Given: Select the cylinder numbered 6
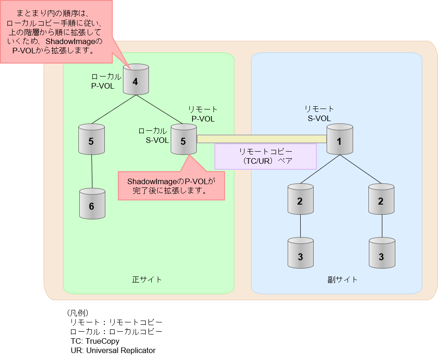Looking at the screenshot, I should click(91, 204).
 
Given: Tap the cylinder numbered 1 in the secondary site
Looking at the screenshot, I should click(340, 139).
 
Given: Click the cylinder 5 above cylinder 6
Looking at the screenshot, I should click(91, 139).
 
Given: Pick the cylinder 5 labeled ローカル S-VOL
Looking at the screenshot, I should click(183, 139).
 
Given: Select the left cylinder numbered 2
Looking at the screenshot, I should click(300, 199).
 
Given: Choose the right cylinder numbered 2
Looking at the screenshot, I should click(381, 199).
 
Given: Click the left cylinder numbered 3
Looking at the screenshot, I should click(300, 253).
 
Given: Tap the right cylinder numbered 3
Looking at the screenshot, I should click(381, 253).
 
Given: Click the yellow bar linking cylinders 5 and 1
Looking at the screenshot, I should click(262, 139).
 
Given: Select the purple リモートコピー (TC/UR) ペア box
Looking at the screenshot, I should click(265, 156).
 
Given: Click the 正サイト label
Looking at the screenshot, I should click(147, 280).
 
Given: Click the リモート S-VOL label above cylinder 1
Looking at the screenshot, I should click(319, 114).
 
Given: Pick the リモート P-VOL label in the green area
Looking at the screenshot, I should click(203, 114).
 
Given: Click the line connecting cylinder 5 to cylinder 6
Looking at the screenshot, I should click(91, 172).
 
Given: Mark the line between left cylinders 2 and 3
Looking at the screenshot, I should click(300, 226).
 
